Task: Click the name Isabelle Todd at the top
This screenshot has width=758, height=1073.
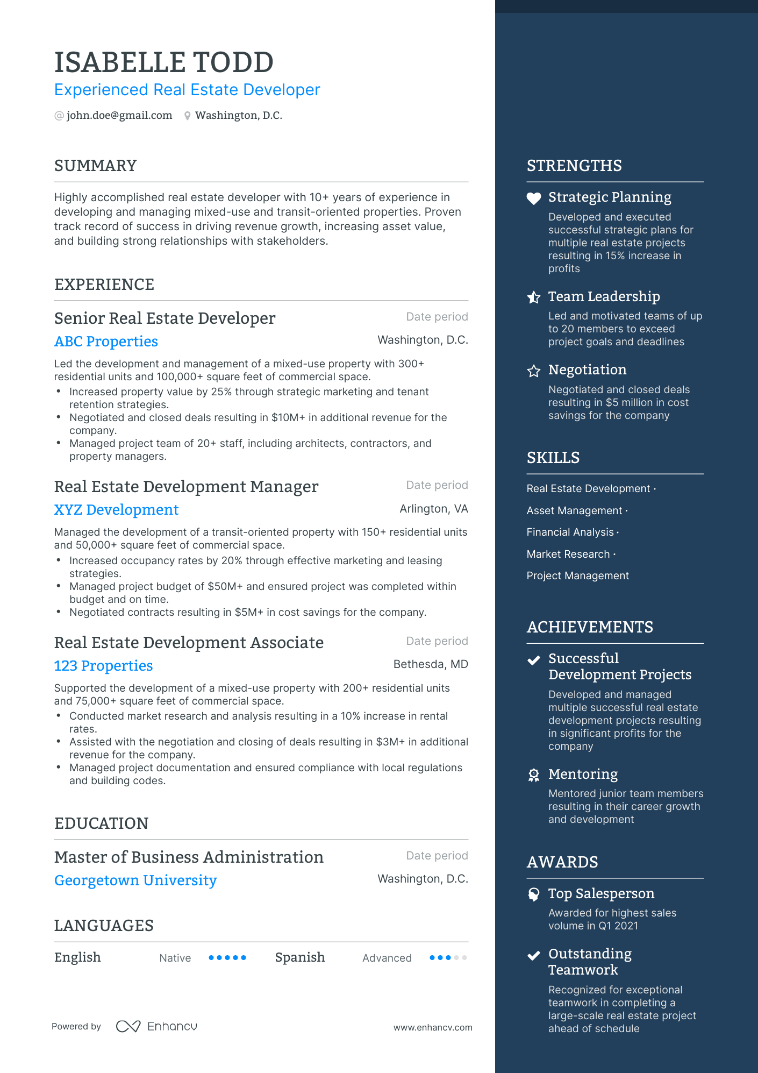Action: tap(164, 62)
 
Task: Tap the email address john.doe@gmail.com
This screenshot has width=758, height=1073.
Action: tap(119, 116)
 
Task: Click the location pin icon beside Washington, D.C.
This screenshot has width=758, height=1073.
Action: tap(187, 116)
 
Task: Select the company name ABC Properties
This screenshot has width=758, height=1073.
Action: tap(106, 342)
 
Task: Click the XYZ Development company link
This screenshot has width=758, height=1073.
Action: tap(116, 510)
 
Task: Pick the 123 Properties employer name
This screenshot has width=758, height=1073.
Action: tap(103, 666)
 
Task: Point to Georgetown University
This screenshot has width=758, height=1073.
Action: tap(135, 880)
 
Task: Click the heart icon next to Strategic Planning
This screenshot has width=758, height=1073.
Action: tap(533, 198)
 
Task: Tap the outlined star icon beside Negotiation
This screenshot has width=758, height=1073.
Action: tap(533, 371)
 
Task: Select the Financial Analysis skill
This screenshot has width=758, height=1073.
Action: tap(570, 532)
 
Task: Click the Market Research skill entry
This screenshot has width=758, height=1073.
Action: tap(568, 555)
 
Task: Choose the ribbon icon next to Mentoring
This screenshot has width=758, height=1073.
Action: tap(533, 775)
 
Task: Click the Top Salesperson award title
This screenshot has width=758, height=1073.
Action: tap(601, 894)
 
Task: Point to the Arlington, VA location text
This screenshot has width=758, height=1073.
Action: tap(434, 509)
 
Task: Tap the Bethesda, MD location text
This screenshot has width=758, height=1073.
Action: tap(431, 664)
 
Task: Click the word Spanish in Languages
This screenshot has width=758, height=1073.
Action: tap(300, 957)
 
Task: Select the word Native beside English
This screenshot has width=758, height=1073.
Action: tap(175, 958)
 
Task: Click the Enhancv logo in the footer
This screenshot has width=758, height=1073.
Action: tap(157, 1026)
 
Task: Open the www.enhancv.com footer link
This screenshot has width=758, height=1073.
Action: tap(433, 1027)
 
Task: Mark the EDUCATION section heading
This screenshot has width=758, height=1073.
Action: tap(101, 823)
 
